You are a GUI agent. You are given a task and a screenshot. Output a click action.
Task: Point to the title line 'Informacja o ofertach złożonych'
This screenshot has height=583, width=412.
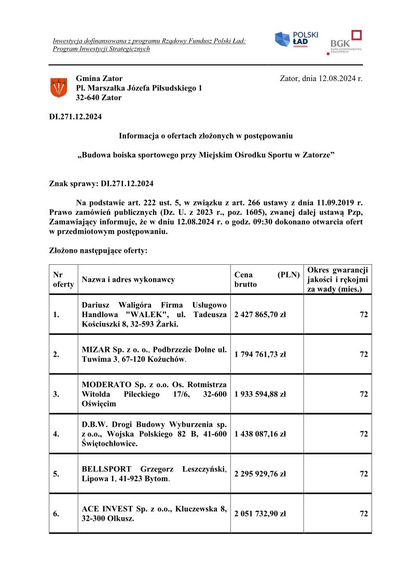coord(205,136)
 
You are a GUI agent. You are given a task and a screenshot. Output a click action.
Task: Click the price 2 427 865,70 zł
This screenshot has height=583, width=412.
coord(260,315)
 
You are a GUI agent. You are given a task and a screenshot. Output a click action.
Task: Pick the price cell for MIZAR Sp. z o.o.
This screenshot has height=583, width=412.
coord(260,355)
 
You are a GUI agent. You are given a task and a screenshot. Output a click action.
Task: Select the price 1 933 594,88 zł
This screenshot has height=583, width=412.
coord(260,394)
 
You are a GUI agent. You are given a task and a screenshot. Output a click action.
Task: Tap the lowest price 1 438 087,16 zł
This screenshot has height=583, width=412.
coord(260,434)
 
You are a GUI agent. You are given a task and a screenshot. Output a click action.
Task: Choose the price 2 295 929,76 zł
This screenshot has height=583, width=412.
coord(260,474)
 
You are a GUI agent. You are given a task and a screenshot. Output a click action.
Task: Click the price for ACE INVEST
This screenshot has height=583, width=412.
coord(260,514)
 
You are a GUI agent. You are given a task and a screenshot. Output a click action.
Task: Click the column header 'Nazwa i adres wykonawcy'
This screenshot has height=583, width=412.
coord(128,280)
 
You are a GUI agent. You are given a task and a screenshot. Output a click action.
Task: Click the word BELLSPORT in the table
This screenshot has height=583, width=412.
coord(106,469)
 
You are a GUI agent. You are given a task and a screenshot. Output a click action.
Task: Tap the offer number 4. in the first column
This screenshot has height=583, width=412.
coord(56,434)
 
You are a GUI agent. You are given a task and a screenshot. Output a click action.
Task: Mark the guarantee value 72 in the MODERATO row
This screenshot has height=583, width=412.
coord(364,394)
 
